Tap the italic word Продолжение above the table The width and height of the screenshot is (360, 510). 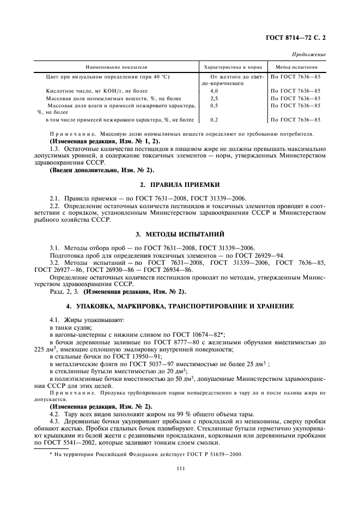(309, 54)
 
